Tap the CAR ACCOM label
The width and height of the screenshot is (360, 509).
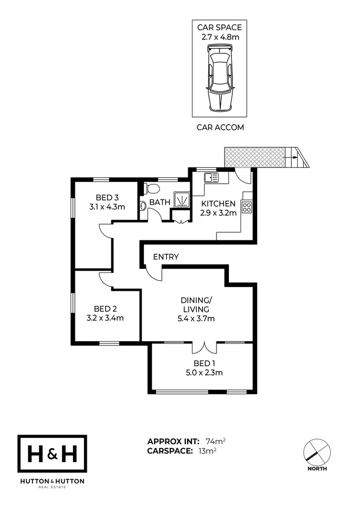[x=220, y=128]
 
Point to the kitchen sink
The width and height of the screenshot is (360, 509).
[x=211, y=178]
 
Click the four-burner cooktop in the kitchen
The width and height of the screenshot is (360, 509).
[x=247, y=207]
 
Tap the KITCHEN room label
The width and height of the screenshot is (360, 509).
[x=218, y=203]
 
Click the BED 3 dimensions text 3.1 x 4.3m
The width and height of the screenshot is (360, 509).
[x=107, y=207]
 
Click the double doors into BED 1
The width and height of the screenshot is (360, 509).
[x=204, y=347]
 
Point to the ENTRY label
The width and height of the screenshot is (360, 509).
[x=166, y=257]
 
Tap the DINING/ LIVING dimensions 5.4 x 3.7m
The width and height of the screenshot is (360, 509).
[x=197, y=318]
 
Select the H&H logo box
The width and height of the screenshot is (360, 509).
[x=52, y=454]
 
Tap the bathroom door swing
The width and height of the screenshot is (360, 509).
[x=154, y=215]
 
